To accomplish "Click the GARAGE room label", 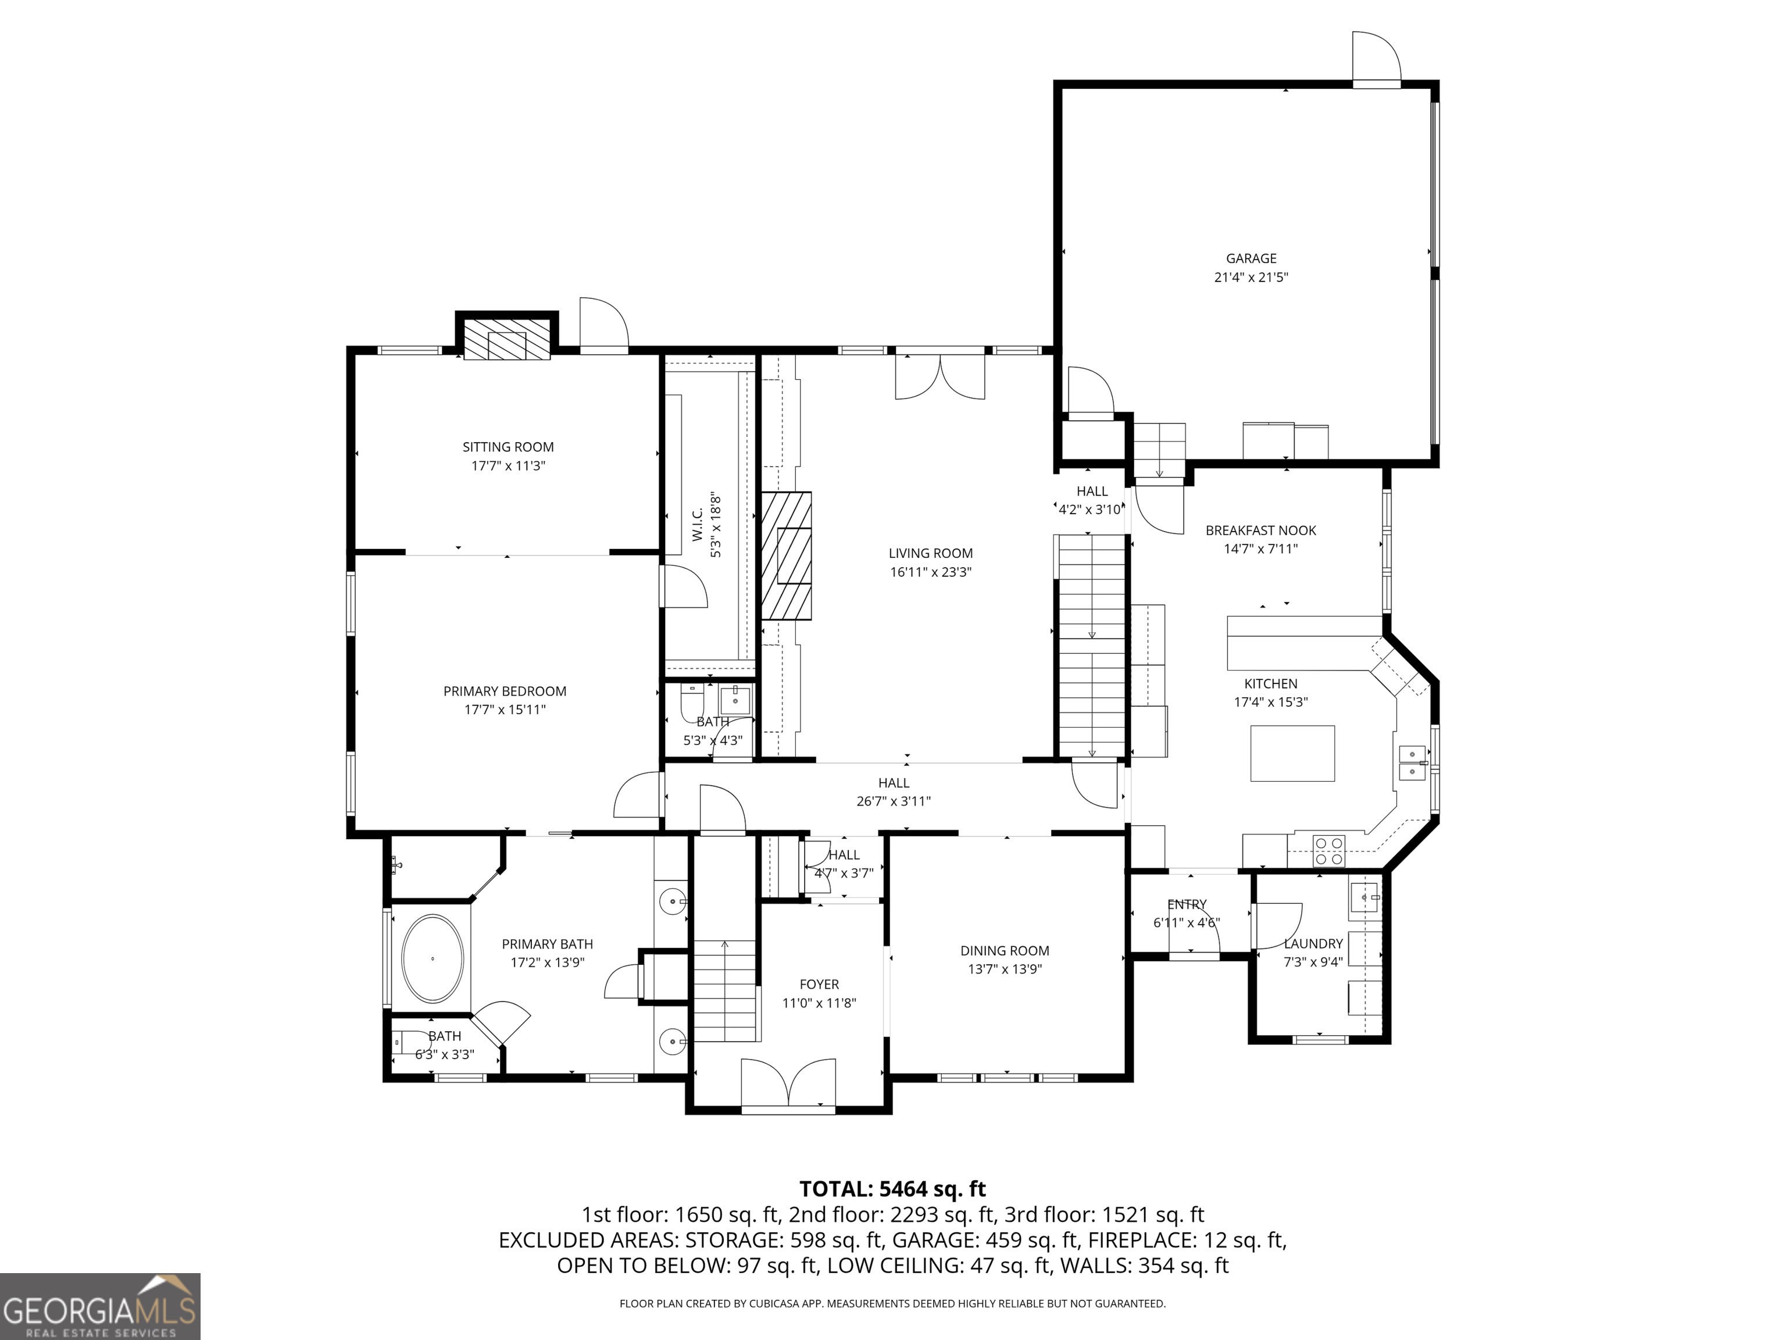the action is point(1251,258).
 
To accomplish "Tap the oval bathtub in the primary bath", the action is point(434,958).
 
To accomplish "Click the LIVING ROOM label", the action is point(930,553).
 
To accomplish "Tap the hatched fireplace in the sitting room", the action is point(506,345).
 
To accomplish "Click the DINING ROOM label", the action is point(1005,951).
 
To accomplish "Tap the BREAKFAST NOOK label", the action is point(1260,530).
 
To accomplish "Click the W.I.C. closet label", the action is point(697,525).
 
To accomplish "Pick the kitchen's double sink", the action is point(1412,763).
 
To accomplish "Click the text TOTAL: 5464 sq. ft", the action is point(892,1189).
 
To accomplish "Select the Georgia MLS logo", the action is point(99,1306).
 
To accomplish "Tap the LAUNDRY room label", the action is point(1313,943).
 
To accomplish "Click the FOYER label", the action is point(819,985).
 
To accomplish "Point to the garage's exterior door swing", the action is point(1377,56).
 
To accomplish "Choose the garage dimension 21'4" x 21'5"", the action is point(1251,277).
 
